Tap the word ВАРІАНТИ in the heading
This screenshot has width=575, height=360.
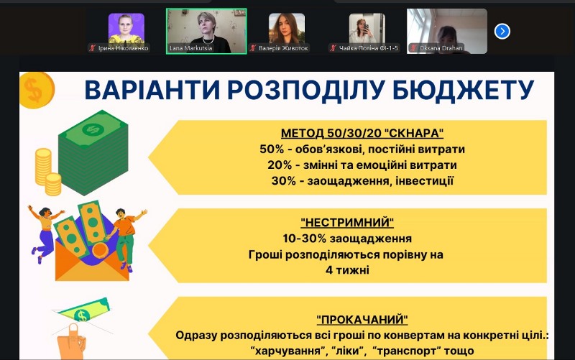click(x=150, y=91)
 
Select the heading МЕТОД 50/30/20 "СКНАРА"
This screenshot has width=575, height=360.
click(x=362, y=134)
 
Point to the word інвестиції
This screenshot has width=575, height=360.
click(x=425, y=180)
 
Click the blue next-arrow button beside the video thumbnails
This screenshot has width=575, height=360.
click(x=502, y=31)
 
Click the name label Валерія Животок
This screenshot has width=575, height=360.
click(x=280, y=48)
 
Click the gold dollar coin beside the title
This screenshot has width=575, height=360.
click(x=32, y=90)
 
